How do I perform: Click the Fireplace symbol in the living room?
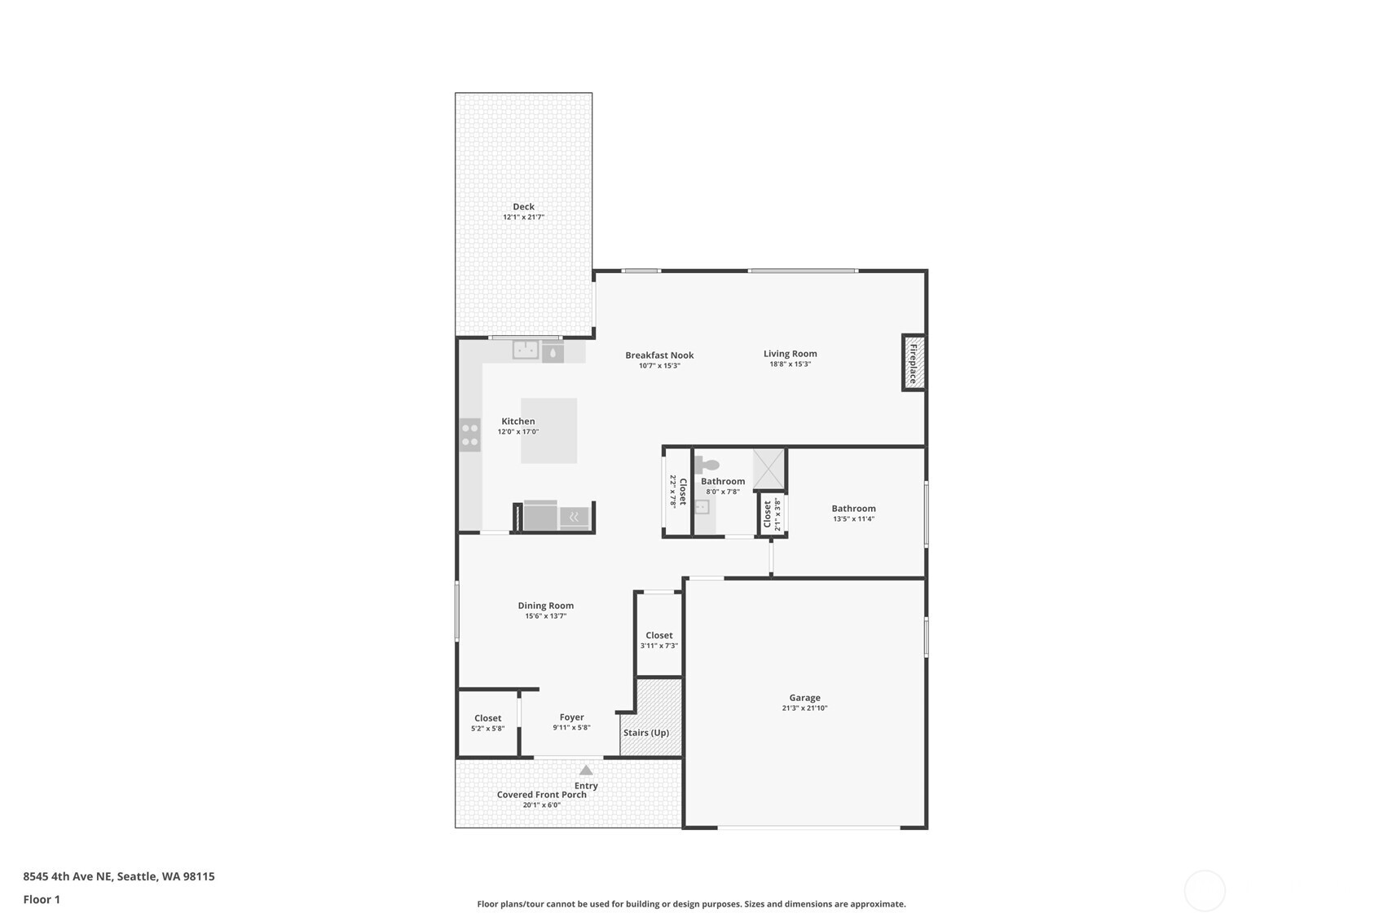pyautogui.click(x=914, y=363)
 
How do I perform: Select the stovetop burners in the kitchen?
pyautogui.click(x=469, y=435)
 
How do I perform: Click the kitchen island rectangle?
pyautogui.click(x=548, y=430)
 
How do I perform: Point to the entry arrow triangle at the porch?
pyautogui.click(x=586, y=770)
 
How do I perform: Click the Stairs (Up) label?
pyautogui.click(x=646, y=732)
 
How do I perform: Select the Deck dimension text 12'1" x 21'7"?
pyautogui.click(x=523, y=217)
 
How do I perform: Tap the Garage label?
pyautogui.click(x=804, y=697)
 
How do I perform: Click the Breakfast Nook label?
pyautogui.click(x=659, y=355)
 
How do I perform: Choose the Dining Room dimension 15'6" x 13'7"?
pyautogui.click(x=545, y=615)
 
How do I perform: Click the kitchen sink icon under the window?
pyautogui.click(x=525, y=350)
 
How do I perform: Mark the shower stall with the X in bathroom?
pyautogui.click(x=769, y=468)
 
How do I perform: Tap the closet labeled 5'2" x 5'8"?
pyautogui.click(x=487, y=723)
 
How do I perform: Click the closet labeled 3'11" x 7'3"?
pyautogui.click(x=658, y=640)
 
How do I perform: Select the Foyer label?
pyautogui.click(x=571, y=717)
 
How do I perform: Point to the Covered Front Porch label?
pyautogui.click(x=541, y=794)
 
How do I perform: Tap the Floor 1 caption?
pyautogui.click(x=42, y=899)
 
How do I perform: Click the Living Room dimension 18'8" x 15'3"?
pyautogui.click(x=790, y=364)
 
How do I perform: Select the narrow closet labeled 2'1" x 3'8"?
pyautogui.click(x=772, y=514)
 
